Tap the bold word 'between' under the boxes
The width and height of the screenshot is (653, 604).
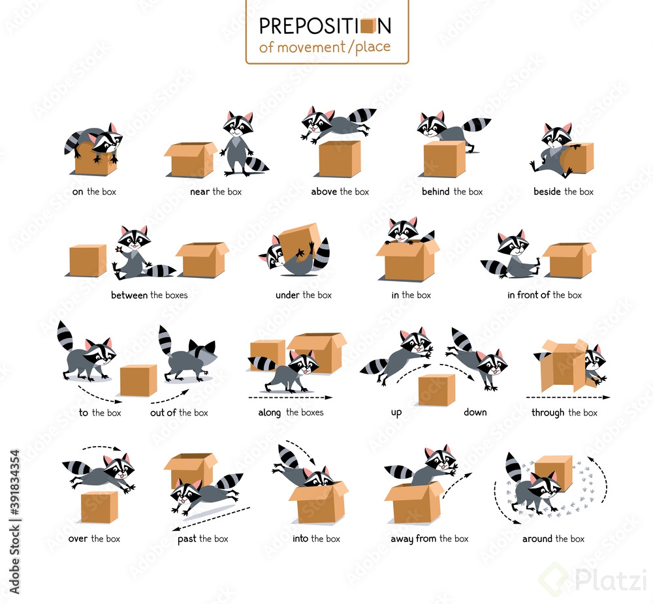coord(129,295)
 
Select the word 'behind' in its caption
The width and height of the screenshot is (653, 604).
coord(436,192)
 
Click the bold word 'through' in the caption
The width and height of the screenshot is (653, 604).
coord(548,413)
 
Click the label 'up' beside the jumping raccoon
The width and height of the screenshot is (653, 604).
coord(396,413)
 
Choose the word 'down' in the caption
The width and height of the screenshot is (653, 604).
coord(475,413)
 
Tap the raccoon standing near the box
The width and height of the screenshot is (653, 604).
coord(240,145)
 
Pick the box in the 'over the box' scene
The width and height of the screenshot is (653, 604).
coord(99,507)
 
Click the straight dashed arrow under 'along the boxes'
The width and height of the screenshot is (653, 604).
coord(290,397)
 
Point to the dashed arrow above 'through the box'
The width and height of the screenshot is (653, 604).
coord(567,397)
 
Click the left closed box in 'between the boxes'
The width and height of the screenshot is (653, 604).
coord(88,260)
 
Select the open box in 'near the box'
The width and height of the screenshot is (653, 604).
coord(189,160)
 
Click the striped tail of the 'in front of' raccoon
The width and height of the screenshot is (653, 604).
coord(494,267)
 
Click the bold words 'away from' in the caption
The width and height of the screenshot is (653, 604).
coord(413,539)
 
